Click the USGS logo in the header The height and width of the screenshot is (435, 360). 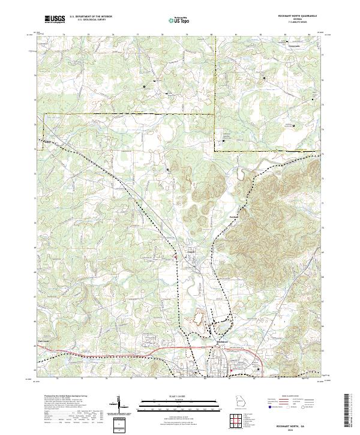pyautogui.click(x=55, y=19)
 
